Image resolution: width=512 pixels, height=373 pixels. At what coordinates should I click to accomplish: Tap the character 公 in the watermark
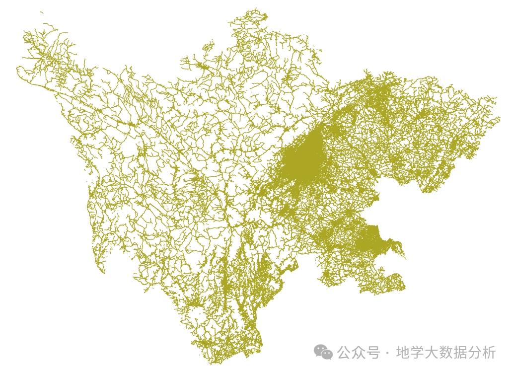(x=345, y=353)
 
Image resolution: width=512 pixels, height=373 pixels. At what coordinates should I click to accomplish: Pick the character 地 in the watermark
(x=403, y=353)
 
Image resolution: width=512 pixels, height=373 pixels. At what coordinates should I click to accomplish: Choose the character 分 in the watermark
(x=475, y=353)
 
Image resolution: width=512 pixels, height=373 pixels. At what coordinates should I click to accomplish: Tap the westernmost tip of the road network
(x=17, y=69)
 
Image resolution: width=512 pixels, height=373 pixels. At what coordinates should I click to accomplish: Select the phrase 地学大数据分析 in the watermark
(x=446, y=353)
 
